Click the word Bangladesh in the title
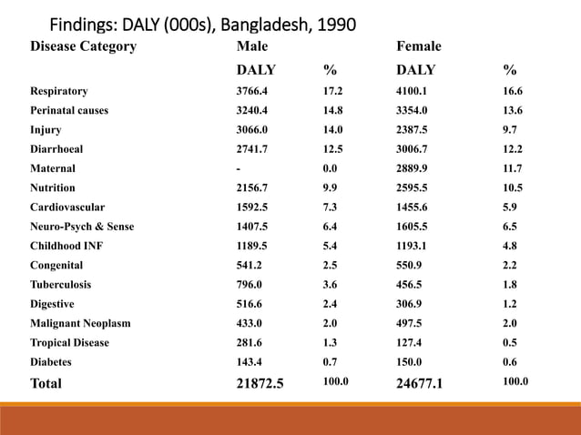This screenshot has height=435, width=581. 264,25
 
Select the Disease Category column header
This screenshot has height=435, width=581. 84,46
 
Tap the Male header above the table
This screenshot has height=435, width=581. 252,46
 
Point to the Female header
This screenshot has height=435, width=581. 419,46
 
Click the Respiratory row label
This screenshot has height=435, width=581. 59,91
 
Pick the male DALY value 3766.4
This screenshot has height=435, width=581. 252,91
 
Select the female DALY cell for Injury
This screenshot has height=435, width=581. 412,129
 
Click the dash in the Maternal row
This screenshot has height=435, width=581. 239,169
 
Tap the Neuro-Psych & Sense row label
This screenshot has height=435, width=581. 82,227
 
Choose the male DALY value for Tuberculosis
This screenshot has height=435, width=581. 249,284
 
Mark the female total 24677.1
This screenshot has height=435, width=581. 420,383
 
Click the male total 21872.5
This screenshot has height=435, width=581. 260,383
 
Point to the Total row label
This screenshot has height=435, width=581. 46,383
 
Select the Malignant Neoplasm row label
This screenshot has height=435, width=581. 80,323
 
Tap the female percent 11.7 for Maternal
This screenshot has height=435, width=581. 513,168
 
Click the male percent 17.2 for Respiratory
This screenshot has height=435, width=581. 332,91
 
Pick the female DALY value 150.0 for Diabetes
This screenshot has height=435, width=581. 409,361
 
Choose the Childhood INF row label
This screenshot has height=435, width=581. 66,246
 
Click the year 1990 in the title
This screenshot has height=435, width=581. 336,25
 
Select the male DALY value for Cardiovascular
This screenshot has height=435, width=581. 252,207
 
